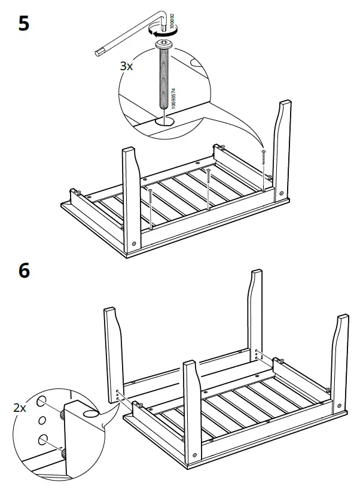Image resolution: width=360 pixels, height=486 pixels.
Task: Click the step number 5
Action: tap(24, 25)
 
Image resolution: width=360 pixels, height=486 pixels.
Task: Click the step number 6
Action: tap(24, 271)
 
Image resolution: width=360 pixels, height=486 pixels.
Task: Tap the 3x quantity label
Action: tap(126, 66)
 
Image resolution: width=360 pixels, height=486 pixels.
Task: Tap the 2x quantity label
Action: tap(19, 408)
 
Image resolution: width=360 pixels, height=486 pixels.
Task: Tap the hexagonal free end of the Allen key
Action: tap(98, 54)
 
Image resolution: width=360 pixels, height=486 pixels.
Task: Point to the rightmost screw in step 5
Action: tap(264, 165)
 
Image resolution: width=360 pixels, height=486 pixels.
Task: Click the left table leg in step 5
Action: tap(132, 198)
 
